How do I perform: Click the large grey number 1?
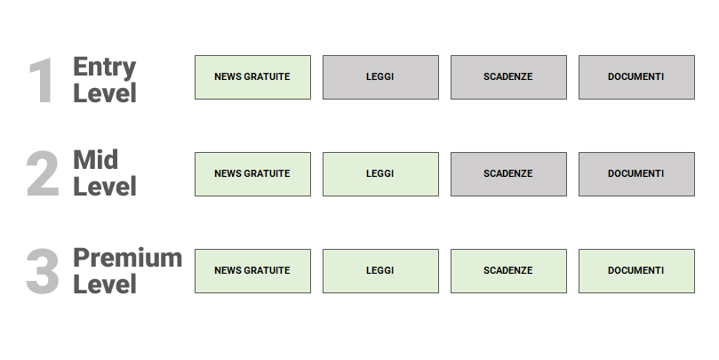pyautogui.click(x=42, y=81)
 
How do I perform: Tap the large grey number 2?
pyautogui.click(x=43, y=174)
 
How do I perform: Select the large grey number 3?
pyautogui.click(x=43, y=271)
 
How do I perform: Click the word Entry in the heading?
pyautogui.click(x=105, y=67)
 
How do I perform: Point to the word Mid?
pyautogui.click(x=95, y=160)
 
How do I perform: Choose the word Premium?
pyautogui.click(x=127, y=258)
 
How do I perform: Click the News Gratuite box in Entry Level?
pyautogui.click(x=252, y=77)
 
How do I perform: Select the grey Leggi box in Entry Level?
pyautogui.click(x=380, y=77)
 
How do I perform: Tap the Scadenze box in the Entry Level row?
pyautogui.click(x=508, y=77)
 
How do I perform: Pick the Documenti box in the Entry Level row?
pyautogui.click(x=636, y=77)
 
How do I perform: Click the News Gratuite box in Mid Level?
pyautogui.click(x=252, y=174)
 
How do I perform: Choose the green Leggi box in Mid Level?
pyautogui.click(x=380, y=174)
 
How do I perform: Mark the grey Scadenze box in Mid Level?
pyautogui.click(x=508, y=174)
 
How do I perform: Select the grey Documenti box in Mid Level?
pyautogui.click(x=636, y=174)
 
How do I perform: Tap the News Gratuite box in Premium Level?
pyautogui.click(x=252, y=271)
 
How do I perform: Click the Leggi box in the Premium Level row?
pyautogui.click(x=380, y=271)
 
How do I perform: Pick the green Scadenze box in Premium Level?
pyautogui.click(x=508, y=271)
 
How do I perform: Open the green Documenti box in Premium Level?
pyautogui.click(x=636, y=271)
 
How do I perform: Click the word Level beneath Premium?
pyautogui.click(x=105, y=284)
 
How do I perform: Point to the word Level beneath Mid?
pyautogui.click(x=105, y=187)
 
